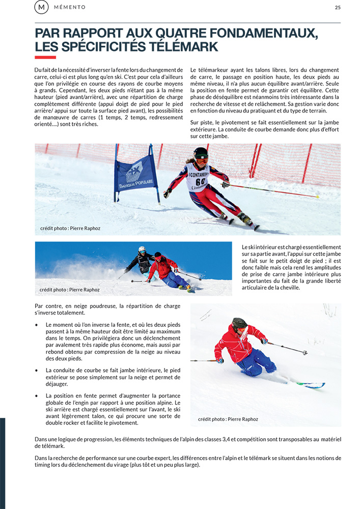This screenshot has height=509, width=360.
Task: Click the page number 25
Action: click(x=338, y=7)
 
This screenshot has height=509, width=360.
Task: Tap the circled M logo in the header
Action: click(x=41, y=7)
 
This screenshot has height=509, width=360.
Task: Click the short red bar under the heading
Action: click(x=45, y=58)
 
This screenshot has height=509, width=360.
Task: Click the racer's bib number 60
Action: click(x=201, y=181)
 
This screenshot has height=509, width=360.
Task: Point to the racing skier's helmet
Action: click(x=201, y=153)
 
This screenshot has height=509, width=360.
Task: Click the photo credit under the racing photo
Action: click(x=70, y=228)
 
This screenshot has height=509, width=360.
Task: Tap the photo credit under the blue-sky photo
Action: click(x=70, y=290)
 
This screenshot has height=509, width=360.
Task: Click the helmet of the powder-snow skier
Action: click(x=239, y=323)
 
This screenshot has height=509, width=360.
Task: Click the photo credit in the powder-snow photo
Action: click(x=228, y=419)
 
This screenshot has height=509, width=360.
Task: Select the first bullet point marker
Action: click(x=36, y=325)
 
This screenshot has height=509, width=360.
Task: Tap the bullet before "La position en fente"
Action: click(x=36, y=395)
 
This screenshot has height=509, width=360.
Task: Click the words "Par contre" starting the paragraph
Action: click(x=45, y=306)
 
